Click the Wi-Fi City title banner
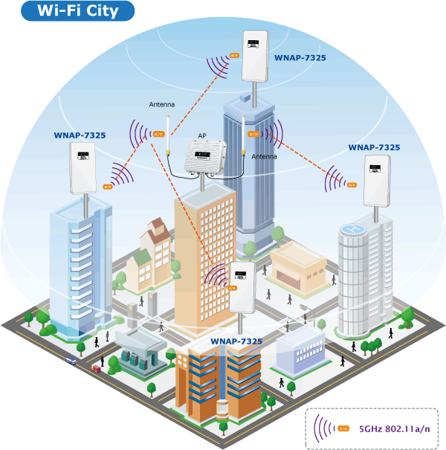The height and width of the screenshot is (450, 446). tap(78, 11)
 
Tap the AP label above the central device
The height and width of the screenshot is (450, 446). tap(202, 136)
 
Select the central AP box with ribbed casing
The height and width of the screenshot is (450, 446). tap(205, 157)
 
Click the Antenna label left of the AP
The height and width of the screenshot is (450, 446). tap(162, 104)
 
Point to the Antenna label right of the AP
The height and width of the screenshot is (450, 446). tap(264, 156)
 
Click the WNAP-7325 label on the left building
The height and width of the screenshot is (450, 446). tap(80, 135)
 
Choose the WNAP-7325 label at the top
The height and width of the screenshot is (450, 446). tap(300, 58)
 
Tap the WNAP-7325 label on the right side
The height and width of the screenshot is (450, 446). tap(374, 147)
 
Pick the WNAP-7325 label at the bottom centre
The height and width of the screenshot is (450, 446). tap(236, 341)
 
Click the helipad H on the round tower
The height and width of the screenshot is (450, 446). tap(353, 229)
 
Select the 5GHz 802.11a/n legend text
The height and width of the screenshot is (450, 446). tap(395, 428)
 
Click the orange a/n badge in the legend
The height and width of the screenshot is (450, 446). tap(343, 428)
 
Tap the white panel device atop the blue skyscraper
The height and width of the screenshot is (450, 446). tap(255, 57)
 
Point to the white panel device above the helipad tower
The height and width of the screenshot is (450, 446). tap(377, 181)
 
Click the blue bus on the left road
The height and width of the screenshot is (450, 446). tap(71, 360)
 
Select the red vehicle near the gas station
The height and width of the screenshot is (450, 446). tap(96, 369)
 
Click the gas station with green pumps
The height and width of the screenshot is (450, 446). tap(141, 353)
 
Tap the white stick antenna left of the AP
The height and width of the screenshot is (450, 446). tap(168, 135)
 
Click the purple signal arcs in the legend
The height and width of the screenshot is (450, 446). tap(324, 428)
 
